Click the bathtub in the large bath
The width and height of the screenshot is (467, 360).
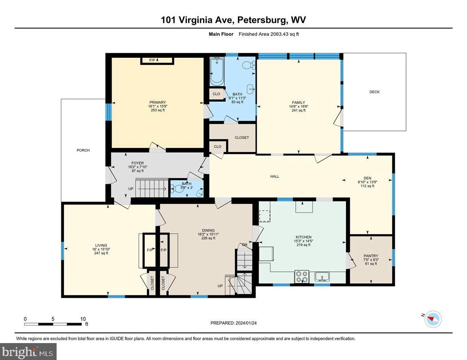click(217, 71)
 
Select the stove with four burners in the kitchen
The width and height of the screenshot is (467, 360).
click(302, 277)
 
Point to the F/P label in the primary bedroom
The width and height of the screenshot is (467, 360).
click(152, 60)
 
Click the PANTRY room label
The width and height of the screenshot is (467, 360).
click(371, 256)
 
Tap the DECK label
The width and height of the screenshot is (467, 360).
click(374, 92)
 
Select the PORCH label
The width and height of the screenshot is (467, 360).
click(83, 150)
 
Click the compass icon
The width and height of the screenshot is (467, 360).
click(434, 319)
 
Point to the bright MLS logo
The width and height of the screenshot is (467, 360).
click(29, 351)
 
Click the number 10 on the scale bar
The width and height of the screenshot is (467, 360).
click(83, 319)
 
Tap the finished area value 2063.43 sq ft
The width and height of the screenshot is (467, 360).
click(285, 34)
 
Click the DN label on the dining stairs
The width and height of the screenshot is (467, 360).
click(245, 245)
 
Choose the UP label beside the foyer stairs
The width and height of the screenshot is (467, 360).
click(131, 189)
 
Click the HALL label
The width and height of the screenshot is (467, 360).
click(275, 176)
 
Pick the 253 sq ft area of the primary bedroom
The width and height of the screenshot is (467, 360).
click(157, 111)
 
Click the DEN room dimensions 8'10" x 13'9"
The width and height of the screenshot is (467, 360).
click(368, 182)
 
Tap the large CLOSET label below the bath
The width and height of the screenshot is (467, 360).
click(242, 138)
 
